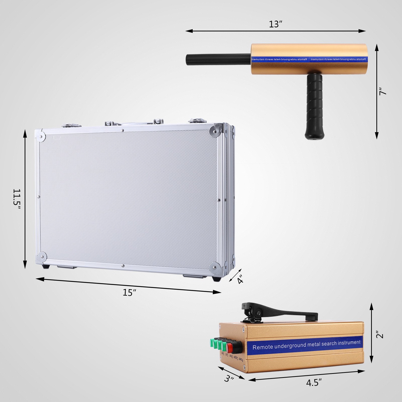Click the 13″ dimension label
click(x=276, y=24)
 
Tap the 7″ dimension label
click(x=382, y=91)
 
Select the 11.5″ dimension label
click(x=17, y=198)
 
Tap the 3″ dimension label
click(x=229, y=378)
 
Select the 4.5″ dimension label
click(x=314, y=383)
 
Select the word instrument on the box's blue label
click(x=349, y=343)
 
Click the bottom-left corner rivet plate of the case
click(x=41, y=257)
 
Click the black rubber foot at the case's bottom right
click(x=217, y=279)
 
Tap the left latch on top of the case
click(x=72, y=125)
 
